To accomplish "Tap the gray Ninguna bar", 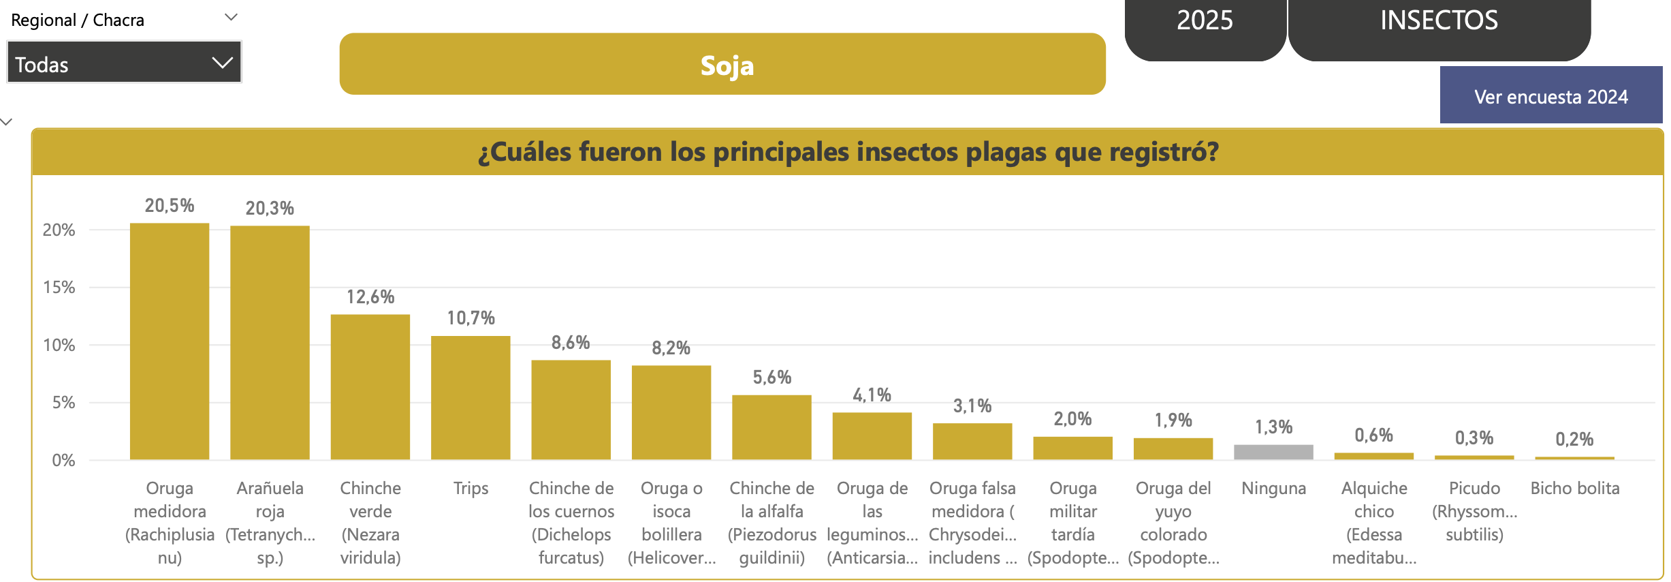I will (1273, 452).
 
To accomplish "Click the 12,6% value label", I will (370, 297).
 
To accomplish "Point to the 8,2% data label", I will (671, 348).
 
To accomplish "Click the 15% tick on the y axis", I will (59, 288).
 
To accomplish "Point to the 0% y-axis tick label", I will (63, 461).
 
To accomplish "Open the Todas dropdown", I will (124, 63).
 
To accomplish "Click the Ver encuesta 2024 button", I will (1550, 97).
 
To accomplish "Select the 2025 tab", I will (1205, 20).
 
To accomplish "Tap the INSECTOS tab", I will (1439, 20).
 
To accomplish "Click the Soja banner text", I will (727, 65).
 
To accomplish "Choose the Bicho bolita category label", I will (1574, 488).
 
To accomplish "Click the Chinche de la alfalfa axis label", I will (771, 523).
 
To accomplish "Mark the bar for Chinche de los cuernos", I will (571, 410).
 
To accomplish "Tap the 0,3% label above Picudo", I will (1474, 438).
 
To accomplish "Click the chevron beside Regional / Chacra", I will (231, 17).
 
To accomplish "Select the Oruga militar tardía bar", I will (1072, 448).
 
